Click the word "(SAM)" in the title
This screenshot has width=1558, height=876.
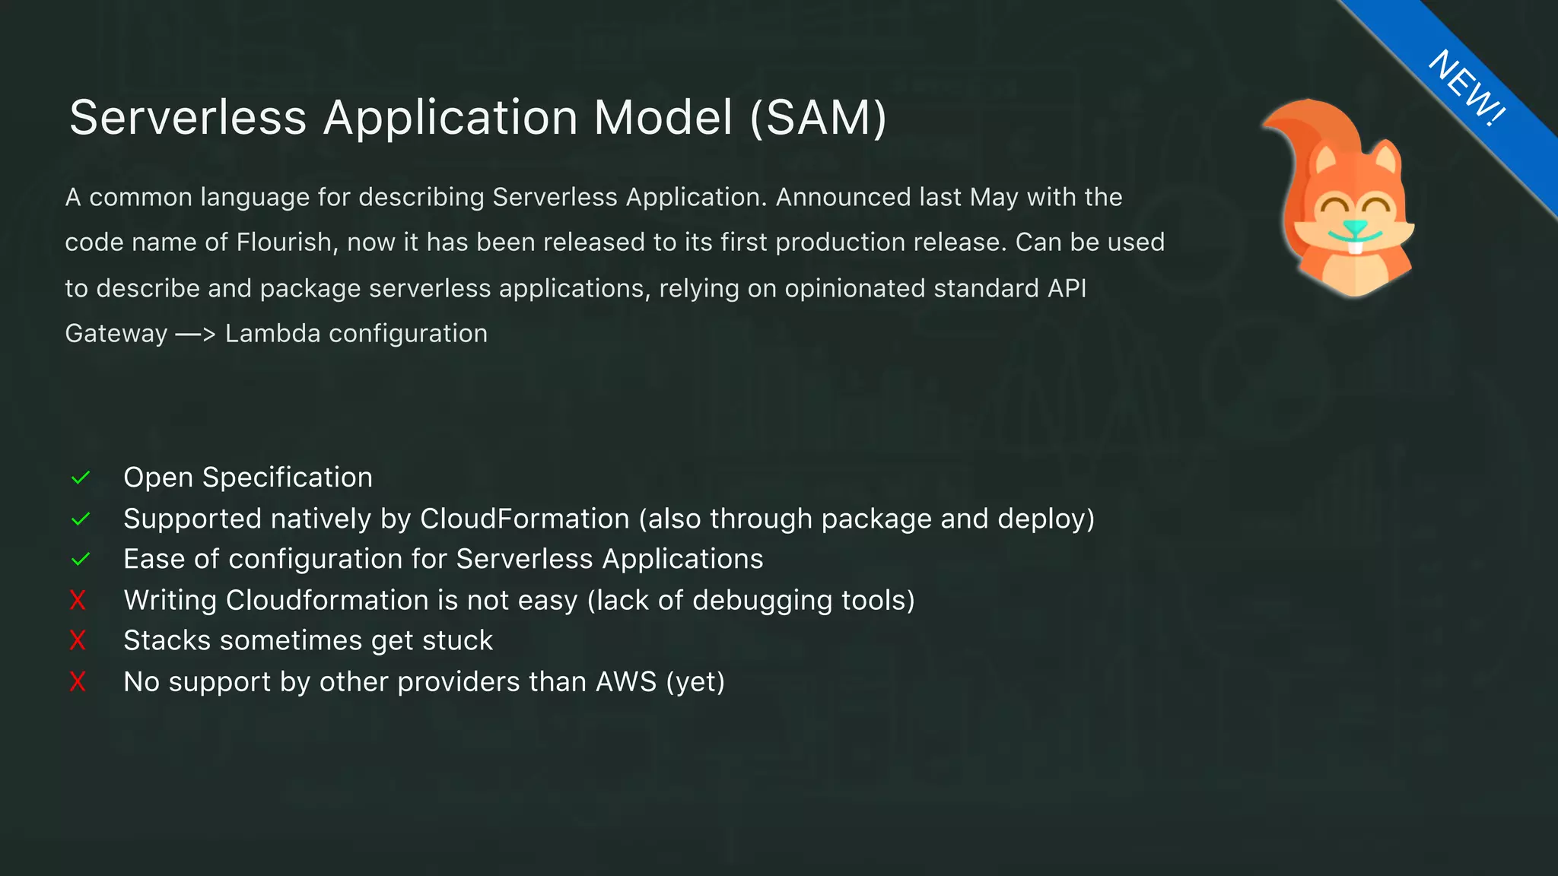819,118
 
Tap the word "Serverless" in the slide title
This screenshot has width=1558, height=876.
188,118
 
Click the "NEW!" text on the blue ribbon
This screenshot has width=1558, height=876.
1467,87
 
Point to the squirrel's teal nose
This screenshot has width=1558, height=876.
1354,227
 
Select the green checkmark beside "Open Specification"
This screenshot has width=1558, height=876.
81,478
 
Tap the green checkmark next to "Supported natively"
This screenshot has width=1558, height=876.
81,519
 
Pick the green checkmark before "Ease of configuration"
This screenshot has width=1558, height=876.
81,560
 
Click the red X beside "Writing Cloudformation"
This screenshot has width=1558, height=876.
78,601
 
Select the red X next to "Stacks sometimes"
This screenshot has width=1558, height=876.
78,641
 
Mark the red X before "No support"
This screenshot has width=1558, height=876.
78,682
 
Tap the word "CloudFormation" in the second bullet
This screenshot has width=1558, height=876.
525,519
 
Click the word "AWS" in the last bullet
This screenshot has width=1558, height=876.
625,682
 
